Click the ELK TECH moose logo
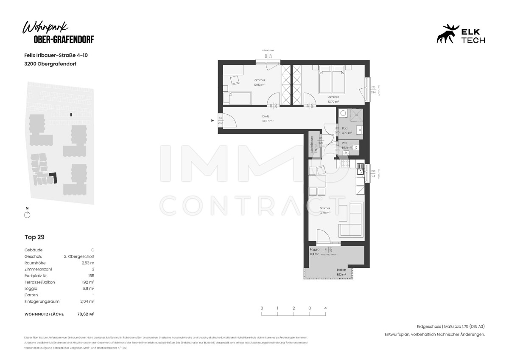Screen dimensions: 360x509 (447, 34)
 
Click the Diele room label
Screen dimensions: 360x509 (266, 116)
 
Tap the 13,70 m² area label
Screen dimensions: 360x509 (333, 101)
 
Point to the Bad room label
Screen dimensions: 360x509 (345, 128)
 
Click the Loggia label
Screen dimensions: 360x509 (314, 249)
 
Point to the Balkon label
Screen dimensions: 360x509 (341, 270)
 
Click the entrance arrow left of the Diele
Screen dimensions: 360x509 (213, 121)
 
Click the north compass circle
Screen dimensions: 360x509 (27, 215)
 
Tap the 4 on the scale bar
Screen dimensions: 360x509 (325, 308)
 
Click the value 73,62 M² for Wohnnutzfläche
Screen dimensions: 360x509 (85, 314)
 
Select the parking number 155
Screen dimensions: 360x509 (91, 276)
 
